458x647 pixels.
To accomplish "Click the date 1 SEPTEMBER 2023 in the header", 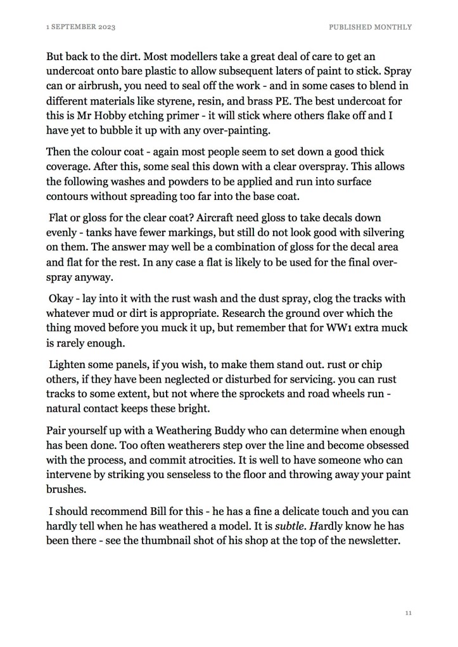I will point(80,27).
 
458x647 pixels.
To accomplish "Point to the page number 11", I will point(408,613).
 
